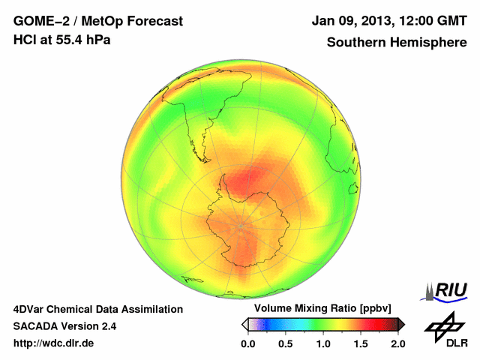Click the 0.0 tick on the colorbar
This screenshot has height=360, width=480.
coord(247,343)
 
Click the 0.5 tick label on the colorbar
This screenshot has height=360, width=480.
coord(285,343)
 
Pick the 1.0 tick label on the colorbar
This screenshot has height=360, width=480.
coord(322,343)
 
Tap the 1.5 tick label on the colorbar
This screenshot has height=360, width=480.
coord(360,343)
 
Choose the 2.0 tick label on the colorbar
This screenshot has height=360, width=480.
coord(397,343)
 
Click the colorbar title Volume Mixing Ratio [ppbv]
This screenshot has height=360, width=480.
coord(319,309)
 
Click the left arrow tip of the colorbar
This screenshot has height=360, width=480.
coord(244,324)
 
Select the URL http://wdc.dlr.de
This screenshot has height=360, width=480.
coord(55,343)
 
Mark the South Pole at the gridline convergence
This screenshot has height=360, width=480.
coord(240,225)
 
